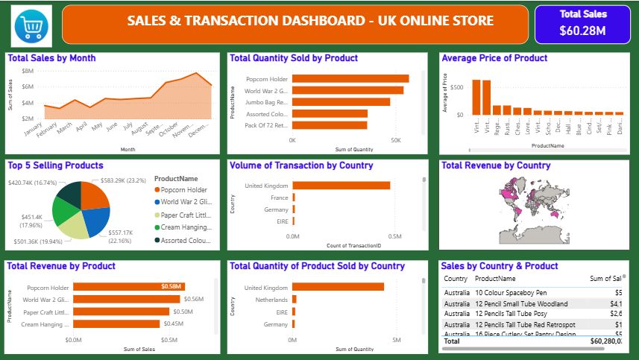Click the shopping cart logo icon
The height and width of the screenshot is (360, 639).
(x=32, y=25)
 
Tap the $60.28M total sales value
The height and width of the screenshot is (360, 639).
(x=583, y=31)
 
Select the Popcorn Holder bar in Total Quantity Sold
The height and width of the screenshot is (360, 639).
(x=350, y=78)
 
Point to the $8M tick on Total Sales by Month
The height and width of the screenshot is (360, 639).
(x=28, y=71)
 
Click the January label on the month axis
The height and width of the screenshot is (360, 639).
(x=34, y=130)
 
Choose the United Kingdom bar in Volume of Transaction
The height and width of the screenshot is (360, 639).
(x=341, y=186)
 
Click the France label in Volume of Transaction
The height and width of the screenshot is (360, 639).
(x=278, y=198)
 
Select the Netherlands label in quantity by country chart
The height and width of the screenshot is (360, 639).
(x=271, y=299)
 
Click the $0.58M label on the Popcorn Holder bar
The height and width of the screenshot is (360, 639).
(x=171, y=287)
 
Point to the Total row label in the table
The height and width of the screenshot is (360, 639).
(x=453, y=341)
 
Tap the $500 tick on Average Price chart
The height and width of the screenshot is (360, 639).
(x=456, y=87)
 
